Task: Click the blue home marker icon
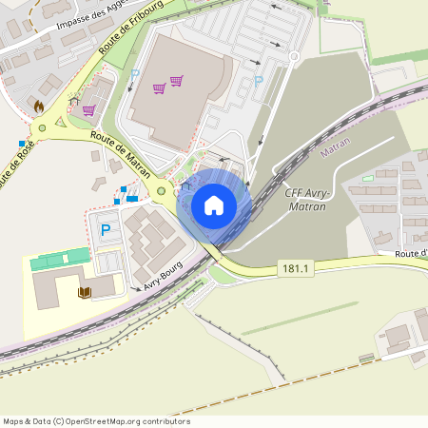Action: coord(214,204)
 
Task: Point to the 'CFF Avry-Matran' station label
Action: coord(306,199)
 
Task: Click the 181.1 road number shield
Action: coord(295,269)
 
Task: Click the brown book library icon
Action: coord(85,292)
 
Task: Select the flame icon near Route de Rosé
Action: coord(39,107)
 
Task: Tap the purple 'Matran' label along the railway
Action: coord(336,149)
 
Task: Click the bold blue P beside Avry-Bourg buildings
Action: coord(106,229)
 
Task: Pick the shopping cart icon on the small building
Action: coord(88,110)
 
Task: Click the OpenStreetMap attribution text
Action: coord(95,421)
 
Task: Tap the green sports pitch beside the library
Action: coord(59,259)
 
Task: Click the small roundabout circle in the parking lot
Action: coord(295,57)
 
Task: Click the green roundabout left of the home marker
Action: coord(162,191)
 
